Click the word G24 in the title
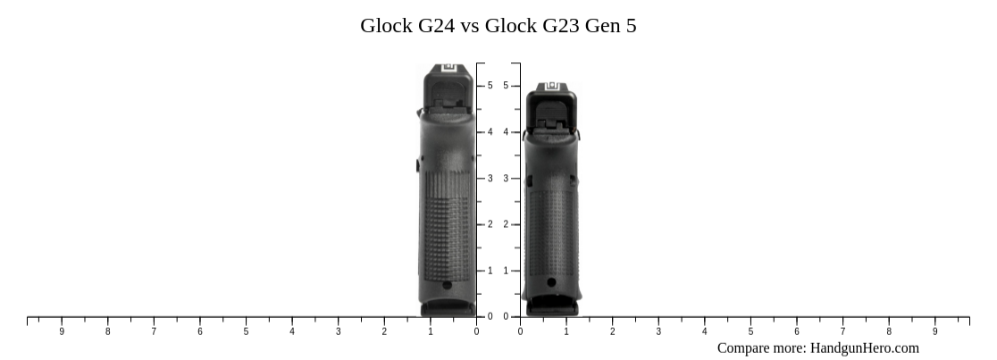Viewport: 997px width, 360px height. click(435, 26)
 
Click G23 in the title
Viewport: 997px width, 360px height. click(561, 26)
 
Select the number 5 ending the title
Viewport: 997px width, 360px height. click(631, 26)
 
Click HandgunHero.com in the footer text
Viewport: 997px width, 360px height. click(865, 348)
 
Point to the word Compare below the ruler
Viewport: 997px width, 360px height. click(745, 348)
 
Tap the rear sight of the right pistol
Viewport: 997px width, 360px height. click(550, 87)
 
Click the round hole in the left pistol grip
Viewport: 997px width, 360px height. click(447, 285)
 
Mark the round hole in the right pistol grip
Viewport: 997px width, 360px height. click(551, 282)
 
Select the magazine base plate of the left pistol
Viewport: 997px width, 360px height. click(448, 308)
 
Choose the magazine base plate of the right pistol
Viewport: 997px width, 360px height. click(551, 308)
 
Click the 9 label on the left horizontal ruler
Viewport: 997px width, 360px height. click(62, 331)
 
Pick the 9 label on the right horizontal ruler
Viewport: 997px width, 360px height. click(935, 331)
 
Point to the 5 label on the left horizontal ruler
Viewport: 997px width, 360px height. click(246, 331)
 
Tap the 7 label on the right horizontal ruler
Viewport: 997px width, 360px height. click(842, 331)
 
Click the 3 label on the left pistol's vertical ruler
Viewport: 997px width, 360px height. click(490, 179)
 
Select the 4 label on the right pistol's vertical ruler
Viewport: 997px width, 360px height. click(506, 132)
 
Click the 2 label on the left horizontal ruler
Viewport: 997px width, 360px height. click(384, 331)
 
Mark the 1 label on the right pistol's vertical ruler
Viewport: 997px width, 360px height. click(506, 271)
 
